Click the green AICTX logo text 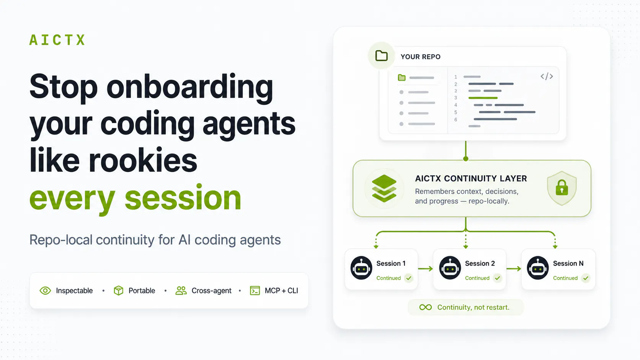57,40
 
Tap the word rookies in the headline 143,160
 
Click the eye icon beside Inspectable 45,291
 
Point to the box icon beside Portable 118,291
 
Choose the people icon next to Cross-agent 181,291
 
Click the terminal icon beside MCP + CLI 255,291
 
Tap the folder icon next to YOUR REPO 381,56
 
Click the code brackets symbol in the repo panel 547,77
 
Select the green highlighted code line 483,98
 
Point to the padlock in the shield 562,187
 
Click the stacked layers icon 384,189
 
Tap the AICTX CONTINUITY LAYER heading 471,178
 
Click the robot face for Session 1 361,268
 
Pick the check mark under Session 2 498,278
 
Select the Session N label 568,264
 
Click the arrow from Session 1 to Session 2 425,269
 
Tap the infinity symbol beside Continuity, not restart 425,307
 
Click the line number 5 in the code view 456,112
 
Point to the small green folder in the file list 402,77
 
